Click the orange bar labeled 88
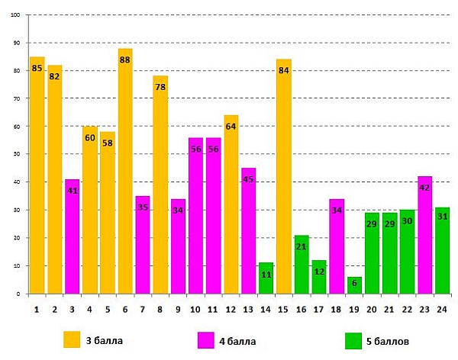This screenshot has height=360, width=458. coord(125,172)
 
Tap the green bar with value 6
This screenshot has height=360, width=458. coord(354,285)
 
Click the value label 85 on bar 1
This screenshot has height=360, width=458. coord(37,69)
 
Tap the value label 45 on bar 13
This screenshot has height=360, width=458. coord(248,180)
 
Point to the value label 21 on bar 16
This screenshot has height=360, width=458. coord(301,247)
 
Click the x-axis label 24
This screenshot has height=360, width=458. coord(443,308)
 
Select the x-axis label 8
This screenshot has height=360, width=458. coord(160,308)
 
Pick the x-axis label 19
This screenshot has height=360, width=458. coord(354,308)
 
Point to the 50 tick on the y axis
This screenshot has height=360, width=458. coord(17,154)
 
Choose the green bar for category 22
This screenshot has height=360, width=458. coord(408,252)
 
